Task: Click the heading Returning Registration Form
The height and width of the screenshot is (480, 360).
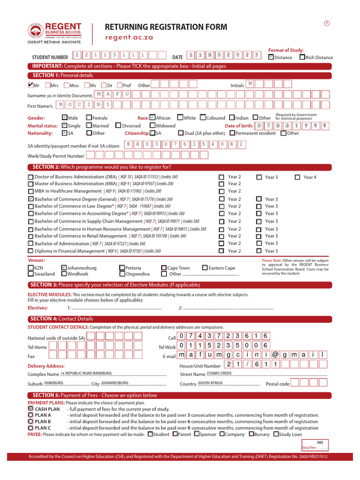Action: pos(166,27)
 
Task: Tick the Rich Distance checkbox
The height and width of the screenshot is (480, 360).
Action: pos(302,57)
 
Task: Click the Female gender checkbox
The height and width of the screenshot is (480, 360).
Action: pos(90,118)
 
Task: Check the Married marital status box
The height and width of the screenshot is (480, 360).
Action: pos(90,125)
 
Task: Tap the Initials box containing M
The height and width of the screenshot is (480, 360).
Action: pos(250,84)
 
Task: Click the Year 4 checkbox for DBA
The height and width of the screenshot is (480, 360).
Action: pos(298,177)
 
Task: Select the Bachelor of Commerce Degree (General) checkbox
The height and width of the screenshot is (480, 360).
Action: pos(31,199)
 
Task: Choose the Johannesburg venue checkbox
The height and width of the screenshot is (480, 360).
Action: pos(64,268)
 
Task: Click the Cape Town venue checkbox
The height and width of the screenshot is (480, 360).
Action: pos(164,268)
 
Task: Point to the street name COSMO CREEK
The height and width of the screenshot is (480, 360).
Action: pos(219,373)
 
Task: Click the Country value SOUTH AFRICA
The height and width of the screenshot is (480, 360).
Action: pos(210,383)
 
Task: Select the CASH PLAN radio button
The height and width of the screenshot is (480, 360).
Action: pos(31,409)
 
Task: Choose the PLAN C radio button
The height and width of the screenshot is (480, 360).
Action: pos(31,427)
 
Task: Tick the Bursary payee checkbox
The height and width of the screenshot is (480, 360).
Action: pos(252,434)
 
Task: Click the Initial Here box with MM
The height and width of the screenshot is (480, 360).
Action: pos(315,444)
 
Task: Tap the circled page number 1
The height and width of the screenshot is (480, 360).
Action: pos(326,23)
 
